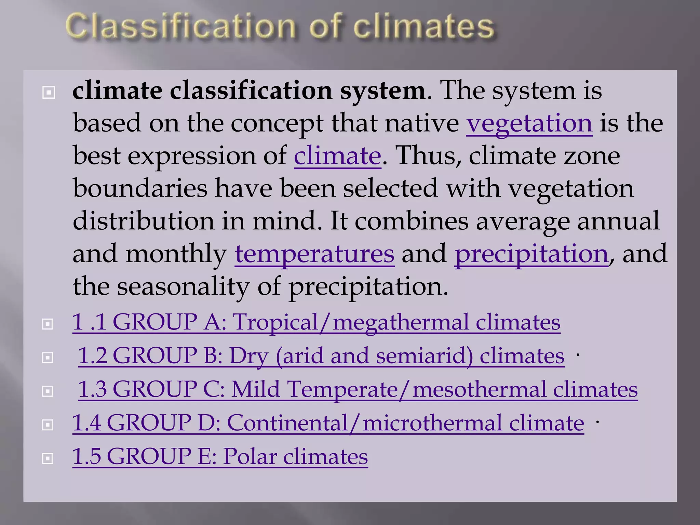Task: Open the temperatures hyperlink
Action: click(314, 254)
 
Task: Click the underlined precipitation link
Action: click(531, 254)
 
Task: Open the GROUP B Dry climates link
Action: click(321, 355)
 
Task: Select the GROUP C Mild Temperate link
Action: click(358, 389)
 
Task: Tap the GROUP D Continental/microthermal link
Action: click(328, 423)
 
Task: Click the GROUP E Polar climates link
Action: click(220, 456)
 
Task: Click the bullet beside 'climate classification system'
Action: click(49, 92)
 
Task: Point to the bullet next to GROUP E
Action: click(48, 458)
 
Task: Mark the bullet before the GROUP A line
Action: click(48, 324)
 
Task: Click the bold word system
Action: click(382, 91)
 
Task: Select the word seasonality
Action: click(183, 286)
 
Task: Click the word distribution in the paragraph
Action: click(143, 221)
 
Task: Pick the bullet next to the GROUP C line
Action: click(48, 391)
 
